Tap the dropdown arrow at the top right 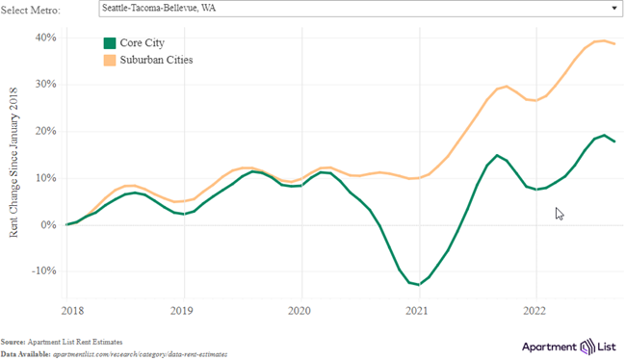point(613,9)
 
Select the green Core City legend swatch point(110,43)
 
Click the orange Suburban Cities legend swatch point(110,60)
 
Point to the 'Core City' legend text point(143,43)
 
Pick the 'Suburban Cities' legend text point(157,60)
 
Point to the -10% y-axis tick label point(43,271)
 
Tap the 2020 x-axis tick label point(300,311)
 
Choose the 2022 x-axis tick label point(535,311)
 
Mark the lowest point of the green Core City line point(416,285)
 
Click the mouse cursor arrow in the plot point(560,214)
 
